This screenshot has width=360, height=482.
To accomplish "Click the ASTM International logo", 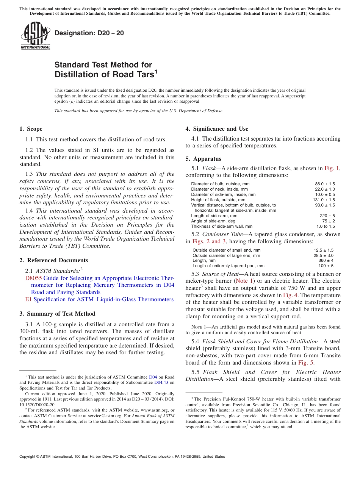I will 35,36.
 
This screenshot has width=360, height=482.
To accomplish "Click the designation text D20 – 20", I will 89,33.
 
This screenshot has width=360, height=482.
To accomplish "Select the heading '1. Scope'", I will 31,129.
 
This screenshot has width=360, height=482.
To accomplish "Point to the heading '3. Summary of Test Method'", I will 57,314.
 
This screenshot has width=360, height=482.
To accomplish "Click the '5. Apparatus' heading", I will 203,159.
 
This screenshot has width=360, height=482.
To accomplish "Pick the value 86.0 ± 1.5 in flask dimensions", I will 325,184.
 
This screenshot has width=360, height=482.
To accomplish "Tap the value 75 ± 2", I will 328,221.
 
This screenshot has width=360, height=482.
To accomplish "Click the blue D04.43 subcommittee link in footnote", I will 160,382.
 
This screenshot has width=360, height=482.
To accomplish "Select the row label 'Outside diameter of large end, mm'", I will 226,255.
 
